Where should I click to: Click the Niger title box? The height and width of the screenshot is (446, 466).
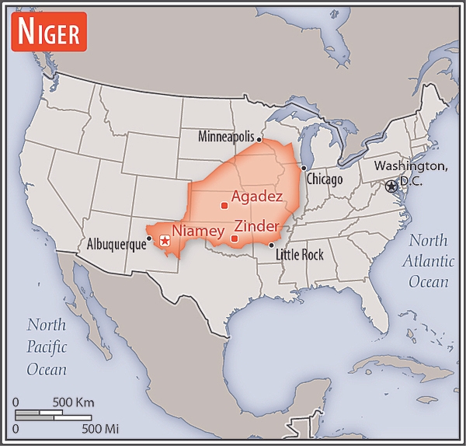49,33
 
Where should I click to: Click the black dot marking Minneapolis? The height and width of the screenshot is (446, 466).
259,140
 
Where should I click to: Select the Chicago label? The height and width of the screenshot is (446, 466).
324,179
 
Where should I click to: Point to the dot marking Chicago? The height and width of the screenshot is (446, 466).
303,168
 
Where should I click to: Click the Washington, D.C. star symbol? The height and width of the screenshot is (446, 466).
390,186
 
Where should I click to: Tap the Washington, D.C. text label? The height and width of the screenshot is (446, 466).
411,173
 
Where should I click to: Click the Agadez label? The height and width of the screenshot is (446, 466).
256,197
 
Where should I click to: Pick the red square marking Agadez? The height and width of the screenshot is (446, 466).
224,206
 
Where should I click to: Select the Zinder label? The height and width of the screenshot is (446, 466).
257,226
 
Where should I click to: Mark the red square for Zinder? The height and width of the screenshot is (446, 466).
235,238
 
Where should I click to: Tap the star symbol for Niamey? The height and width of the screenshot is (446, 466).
164,241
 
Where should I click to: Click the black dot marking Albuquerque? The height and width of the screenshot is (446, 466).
149,239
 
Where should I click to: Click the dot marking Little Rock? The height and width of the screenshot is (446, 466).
271,246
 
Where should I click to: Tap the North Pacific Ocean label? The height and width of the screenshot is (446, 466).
47,347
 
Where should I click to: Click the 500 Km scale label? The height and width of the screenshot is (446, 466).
73,402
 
